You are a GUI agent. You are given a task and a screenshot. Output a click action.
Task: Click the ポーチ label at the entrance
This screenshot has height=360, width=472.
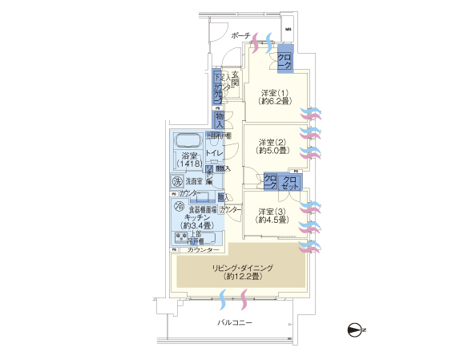pos(240,36)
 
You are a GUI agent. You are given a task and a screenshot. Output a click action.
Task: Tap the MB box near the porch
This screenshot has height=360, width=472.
pos(288,32)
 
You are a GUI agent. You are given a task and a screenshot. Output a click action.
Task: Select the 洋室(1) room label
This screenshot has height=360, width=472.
pos(272,97)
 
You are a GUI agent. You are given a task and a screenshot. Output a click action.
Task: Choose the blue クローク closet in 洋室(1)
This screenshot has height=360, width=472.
pos(284,59)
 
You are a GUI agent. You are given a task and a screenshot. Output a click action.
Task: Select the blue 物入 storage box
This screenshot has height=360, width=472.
pos(220,119)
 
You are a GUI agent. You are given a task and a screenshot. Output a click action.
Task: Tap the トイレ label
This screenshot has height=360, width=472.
pos(214,152)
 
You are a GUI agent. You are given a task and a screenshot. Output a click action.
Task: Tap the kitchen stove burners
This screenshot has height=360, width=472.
pos(181,237)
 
